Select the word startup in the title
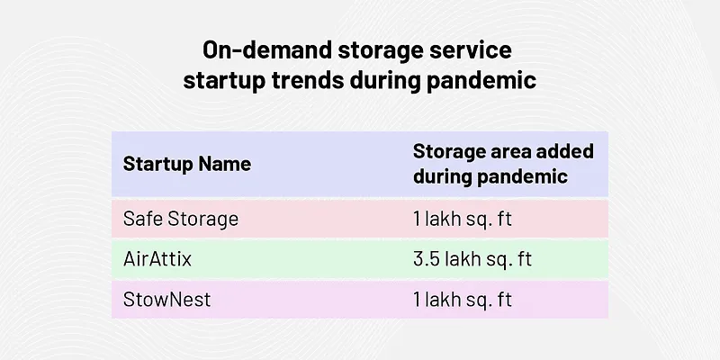pos(224,80)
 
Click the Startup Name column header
pos(186,164)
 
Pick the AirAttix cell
pos(157,259)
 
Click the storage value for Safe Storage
pos(463,219)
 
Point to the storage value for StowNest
pos(463,300)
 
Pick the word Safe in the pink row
pos(140,219)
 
